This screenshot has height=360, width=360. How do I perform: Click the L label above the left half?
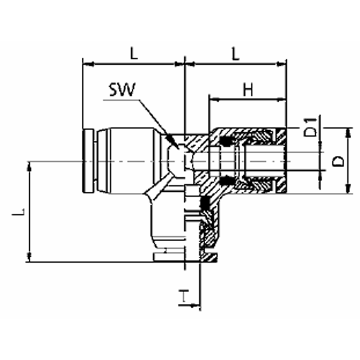coord(133,53)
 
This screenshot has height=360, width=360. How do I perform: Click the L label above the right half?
coord(235,53)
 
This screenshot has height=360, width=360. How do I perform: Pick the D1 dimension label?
coord(310,127)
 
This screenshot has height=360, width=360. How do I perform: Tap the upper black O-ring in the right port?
coord(225,142)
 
